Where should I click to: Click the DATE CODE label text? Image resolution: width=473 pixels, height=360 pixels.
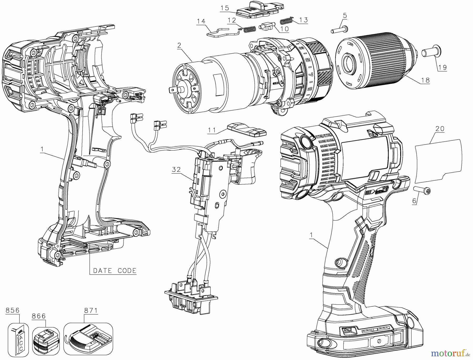click(x=115, y=271)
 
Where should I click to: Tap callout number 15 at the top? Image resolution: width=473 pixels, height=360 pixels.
click(x=225, y=8)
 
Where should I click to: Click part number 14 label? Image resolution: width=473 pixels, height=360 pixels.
click(x=201, y=21)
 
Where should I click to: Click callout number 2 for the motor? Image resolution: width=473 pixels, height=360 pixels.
click(x=179, y=45)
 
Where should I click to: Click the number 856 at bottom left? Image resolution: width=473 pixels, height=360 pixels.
click(x=13, y=310)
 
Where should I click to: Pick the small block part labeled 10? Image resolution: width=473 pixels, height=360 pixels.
click(x=267, y=26)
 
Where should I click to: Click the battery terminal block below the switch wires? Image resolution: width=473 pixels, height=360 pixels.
click(x=191, y=297)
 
